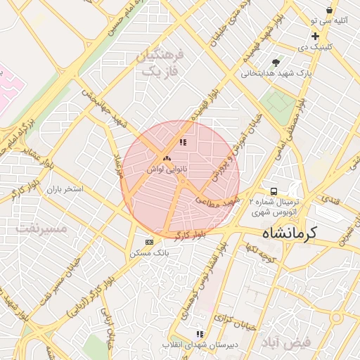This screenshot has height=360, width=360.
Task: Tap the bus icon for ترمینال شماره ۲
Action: click(274, 191)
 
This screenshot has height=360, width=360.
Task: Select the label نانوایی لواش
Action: click(166, 169)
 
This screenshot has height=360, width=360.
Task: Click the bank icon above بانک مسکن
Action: click(148, 241)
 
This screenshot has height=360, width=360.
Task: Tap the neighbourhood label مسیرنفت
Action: click(42, 229)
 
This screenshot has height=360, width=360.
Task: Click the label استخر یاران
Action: click(65, 190)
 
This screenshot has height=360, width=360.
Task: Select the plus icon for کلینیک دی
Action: click(315, 36)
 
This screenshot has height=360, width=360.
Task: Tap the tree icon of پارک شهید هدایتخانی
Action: click(285, 62)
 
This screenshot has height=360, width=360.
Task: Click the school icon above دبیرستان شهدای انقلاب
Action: click(200, 334)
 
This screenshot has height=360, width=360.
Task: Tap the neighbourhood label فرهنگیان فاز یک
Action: click(160, 63)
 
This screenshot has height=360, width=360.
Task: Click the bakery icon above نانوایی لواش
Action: click(166, 159)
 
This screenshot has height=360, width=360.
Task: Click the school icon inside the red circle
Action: click(183, 142)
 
